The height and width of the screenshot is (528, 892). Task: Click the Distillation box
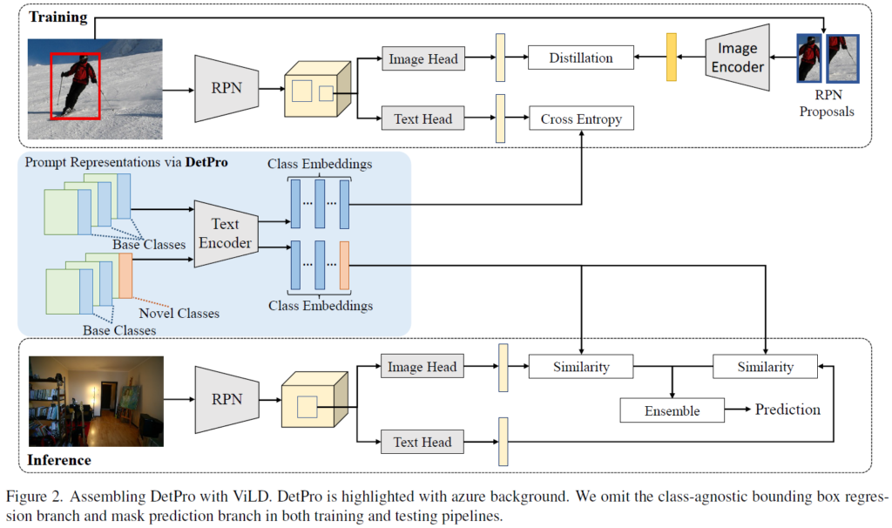[x=580, y=58]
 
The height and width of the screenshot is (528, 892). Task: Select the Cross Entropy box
[x=581, y=118]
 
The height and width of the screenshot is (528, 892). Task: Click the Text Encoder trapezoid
[x=225, y=233]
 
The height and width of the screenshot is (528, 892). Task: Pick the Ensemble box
[x=672, y=410]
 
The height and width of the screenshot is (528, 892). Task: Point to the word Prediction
[x=787, y=410]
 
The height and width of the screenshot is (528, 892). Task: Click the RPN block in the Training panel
[x=225, y=88]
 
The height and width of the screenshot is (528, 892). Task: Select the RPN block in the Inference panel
[x=225, y=398]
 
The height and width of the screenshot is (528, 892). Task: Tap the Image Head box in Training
[x=422, y=59]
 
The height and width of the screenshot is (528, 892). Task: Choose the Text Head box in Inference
[x=422, y=442]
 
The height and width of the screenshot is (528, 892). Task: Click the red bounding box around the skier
[x=76, y=85]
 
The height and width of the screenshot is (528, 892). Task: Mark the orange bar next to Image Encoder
[x=671, y=58]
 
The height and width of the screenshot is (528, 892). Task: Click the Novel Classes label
[x=179, y=313]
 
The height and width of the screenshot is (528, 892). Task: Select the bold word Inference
[x=60, y=459]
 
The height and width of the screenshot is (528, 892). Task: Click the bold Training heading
[x=57, y=17]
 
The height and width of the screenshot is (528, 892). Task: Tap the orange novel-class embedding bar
[x=344, y=266]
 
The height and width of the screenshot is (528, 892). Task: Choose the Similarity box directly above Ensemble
[x=581, y=366]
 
